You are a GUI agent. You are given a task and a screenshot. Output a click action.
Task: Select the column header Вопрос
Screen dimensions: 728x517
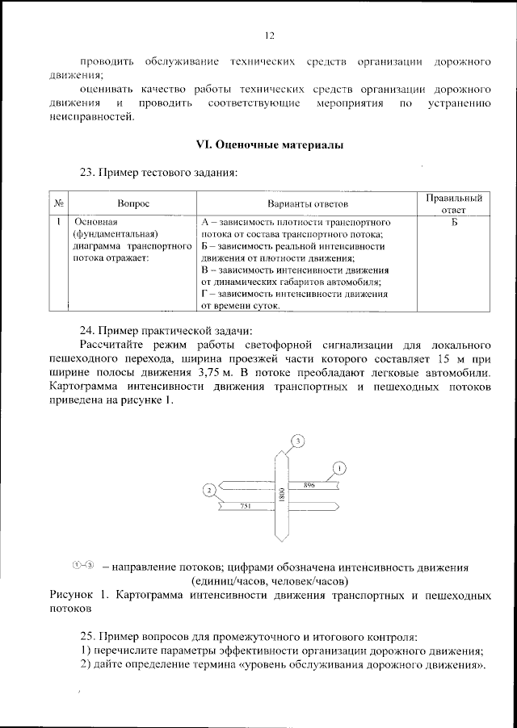[x=133, y=206]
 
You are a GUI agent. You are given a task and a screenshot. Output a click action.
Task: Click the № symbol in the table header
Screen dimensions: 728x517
[x=61, y=206]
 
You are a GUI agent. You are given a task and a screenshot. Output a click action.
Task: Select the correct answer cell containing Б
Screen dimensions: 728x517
[x=454, y=221]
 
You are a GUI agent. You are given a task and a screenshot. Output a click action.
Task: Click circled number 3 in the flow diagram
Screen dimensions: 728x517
[x=298, y=441]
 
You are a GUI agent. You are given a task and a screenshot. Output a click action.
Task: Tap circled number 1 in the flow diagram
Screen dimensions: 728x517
[x=340, y=468]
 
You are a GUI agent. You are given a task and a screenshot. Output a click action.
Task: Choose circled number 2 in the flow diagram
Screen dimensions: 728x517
[x=209, y=490]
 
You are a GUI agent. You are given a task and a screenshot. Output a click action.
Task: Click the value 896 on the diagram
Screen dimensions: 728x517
[x=309, y=485]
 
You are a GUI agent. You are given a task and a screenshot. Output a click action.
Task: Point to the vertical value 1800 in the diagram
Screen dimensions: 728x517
[x=281, y=496]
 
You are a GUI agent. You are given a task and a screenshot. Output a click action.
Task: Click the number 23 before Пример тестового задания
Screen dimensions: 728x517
[x=87, y=172]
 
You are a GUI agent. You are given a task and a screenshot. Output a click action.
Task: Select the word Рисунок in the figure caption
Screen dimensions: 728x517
[x=73, y=596]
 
